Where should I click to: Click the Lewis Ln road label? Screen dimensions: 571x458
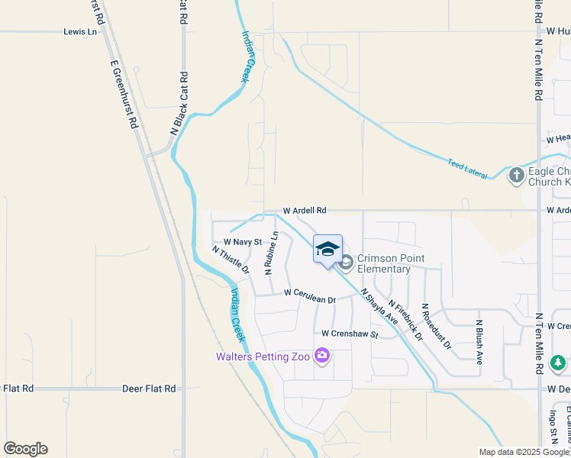[x=80, y=32]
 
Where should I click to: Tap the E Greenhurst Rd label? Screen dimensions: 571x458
[x=123, y=95]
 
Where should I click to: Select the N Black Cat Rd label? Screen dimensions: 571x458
[x=179, y=104]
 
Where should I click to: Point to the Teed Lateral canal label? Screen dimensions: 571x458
[x=467, y=169]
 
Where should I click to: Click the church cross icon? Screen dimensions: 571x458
[x=517, y=176]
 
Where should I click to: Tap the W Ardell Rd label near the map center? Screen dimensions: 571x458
[x=305, y=210]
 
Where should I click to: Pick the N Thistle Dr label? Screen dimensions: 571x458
[x=231, y=260]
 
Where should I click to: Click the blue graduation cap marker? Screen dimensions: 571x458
[x=327, y=249]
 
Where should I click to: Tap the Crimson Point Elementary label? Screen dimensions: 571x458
[x=383, y=264]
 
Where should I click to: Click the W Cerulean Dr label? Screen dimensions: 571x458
[x=310, y=295]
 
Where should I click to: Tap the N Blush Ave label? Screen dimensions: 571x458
[x=479, y=342]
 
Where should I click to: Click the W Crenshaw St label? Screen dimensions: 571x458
[x=350, y=334]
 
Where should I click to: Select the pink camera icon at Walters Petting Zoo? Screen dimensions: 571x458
[x=322, y=356]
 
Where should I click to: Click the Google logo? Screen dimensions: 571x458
[x=25, y=449]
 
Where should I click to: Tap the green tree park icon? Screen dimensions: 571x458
[x=558, y=361]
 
